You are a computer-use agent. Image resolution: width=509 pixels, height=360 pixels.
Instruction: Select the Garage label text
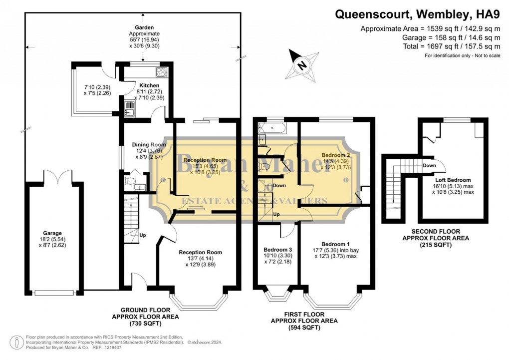pos(52,233)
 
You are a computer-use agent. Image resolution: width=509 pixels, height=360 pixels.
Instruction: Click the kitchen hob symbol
pos(161,72)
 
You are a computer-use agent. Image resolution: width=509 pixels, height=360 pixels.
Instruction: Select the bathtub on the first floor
pos(272,129)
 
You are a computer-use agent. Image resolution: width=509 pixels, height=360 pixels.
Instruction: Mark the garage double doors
pos(52,176)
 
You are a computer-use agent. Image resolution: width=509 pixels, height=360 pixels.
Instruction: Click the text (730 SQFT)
pos(145,323)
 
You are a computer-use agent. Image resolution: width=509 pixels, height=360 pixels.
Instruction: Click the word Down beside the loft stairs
pos(429,165)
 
